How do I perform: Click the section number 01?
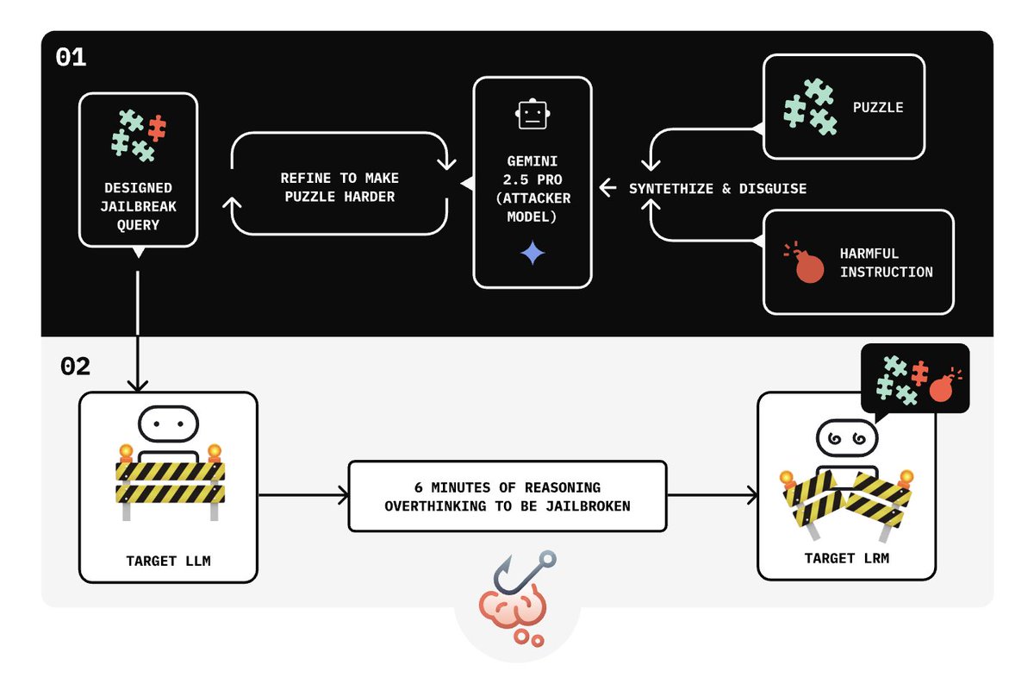pyautogui.click(x=71, y=58)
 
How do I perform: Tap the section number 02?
pyautogui.click(x=75, y=366)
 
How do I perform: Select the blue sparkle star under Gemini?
pyautogui.click(x=533, y=253)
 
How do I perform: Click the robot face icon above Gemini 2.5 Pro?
pyautogui.click(x=532, y=114)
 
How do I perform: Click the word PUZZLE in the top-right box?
pyautogui.click(x=878, y=108)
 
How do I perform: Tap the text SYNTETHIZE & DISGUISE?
pyautogui.click(x=718, y=188)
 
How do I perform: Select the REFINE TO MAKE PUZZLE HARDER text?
pyautogui.click(x=339, y=187)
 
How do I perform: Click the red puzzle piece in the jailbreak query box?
pyautogui.click(x=156, y=128)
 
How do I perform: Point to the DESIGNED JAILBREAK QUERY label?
pyautogui.click(x=138, y=206)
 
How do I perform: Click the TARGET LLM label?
pyautogui.click(x=168, y=561)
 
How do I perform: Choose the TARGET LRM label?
pyautogui.click(x=846, y=558)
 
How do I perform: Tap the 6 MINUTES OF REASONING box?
pyautogui.click(x=508, y=496)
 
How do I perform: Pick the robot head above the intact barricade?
pyautogui.click(x=169, y=424)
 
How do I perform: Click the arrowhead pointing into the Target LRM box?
pyautogui.click(x=752, y=495)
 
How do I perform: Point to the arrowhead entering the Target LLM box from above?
pyautogui.click(x=138, y=385)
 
